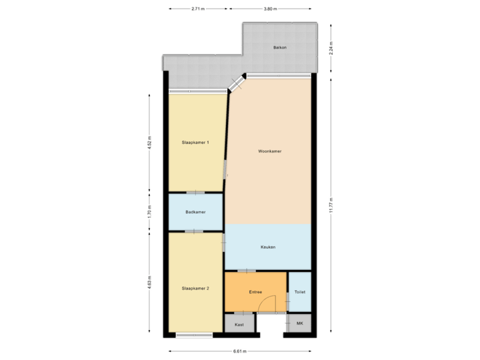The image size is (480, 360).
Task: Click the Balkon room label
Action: tap(280, 48)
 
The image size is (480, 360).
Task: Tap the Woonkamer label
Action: tap(270, 151)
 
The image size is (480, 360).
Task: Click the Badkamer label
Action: tap(195, 212)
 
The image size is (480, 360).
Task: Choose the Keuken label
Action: tap(268, 247)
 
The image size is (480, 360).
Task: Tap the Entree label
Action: tap(255, 292)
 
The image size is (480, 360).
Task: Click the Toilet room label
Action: tap(300, 292)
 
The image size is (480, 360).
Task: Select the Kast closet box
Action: tap(239, 325)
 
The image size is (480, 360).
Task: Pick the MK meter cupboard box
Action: tap(299, 325)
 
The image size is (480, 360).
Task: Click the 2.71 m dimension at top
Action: tap(198, 9)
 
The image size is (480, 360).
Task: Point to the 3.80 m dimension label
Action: tap(269, 9)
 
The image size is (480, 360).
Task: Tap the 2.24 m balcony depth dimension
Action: tap(331, 48)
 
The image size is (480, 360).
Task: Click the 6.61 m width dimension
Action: tap(240, 351)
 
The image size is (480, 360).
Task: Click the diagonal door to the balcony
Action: tap(236, 83)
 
